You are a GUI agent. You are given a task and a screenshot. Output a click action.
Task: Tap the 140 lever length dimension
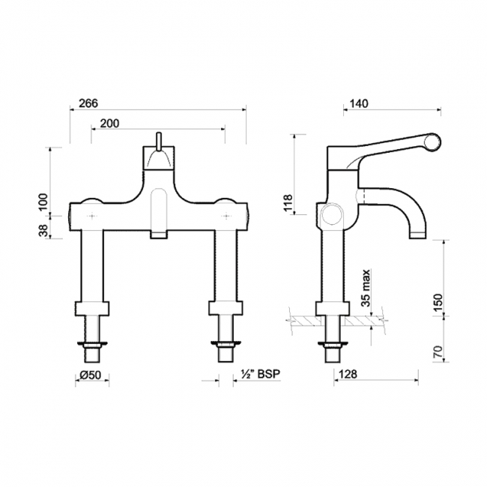tap(359, 105)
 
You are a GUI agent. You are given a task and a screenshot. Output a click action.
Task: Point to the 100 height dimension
tap(43, 200)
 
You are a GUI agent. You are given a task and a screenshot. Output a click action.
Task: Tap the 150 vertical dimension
tap(439, 300)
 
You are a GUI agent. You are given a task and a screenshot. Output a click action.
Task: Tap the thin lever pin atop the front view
tap(159, 141)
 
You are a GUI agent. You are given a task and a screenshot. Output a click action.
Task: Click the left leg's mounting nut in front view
tap(91, 308)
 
